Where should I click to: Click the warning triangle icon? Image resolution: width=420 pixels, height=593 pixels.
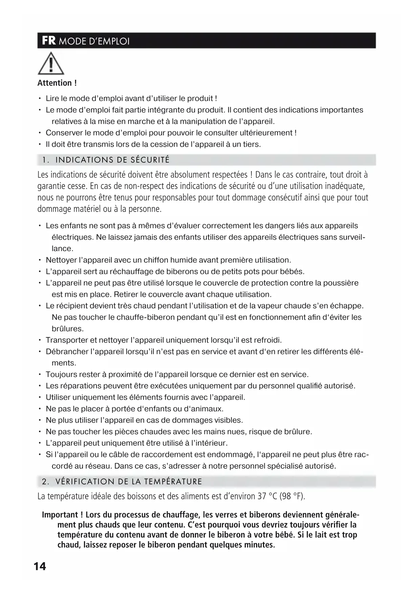point(51,64)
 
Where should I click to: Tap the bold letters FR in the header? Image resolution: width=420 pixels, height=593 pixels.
point(49,41)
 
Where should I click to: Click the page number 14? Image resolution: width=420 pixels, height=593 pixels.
point(40,566)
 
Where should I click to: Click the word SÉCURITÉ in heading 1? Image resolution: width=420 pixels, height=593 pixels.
point(150,160)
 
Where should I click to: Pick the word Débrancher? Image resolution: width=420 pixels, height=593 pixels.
point(67,352)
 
